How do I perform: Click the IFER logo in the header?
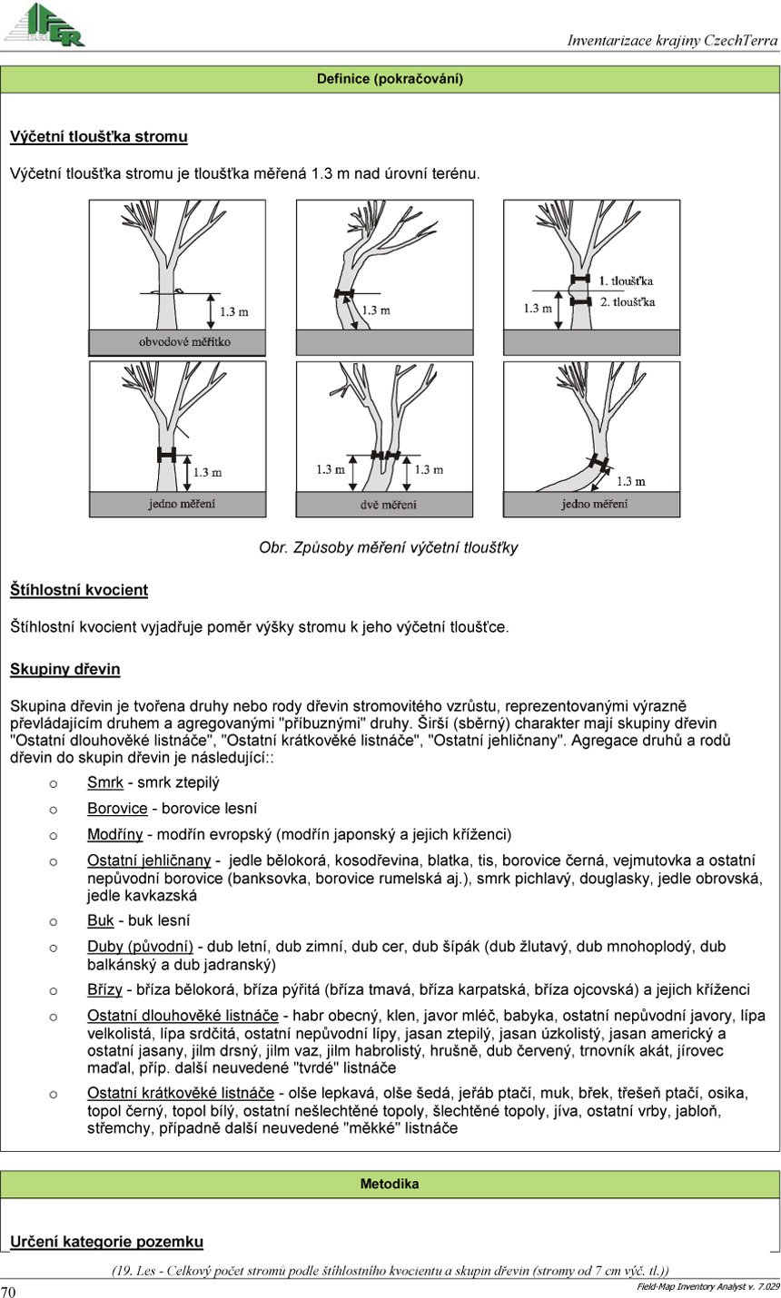(45, 25)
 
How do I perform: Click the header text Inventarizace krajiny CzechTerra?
(672, 40)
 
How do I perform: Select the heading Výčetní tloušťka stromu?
(99, 137)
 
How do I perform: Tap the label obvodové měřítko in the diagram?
(172, 342)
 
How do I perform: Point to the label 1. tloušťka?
(626, 280)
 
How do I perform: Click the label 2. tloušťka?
(627, 301)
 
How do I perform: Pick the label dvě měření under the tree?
(385, 505)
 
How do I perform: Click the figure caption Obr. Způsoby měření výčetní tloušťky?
(389, 547)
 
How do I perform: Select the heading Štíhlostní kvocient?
(79, 590)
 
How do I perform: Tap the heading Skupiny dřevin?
(65, 670)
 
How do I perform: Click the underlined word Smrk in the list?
(105, 782)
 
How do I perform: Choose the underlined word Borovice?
(117, 808)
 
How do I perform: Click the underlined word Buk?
(101, 920)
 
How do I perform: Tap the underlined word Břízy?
(104, 989)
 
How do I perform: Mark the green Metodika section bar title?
(390, 1184)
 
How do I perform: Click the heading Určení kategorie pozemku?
(106, 1242)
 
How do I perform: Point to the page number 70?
(9, 1291)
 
